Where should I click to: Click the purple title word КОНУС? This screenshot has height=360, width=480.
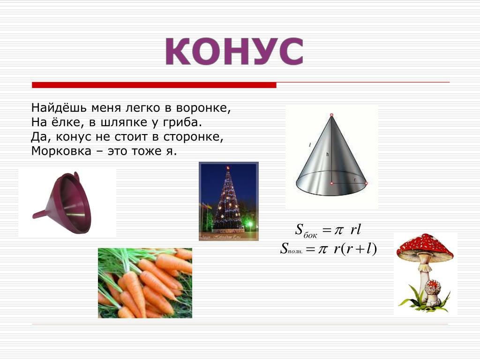coord(234,51)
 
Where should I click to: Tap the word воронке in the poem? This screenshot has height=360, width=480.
coord(203,108)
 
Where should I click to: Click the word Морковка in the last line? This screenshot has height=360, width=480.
coord(61,151)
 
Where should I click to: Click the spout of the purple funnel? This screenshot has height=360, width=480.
coord(40,214)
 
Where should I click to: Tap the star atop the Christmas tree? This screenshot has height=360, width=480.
coord(228,168)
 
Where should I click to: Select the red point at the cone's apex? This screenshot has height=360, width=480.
coord(331,115)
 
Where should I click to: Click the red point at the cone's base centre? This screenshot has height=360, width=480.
coord(331,183)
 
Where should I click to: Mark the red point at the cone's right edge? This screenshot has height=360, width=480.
coord(366,183)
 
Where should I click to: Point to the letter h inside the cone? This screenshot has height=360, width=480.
coord(328,154)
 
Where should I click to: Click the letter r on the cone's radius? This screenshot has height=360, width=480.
coord(355,180)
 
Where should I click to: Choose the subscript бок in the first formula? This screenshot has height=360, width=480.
coord(310,235)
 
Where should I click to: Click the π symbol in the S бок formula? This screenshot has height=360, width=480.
coord(338,230)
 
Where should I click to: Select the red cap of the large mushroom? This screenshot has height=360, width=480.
coord(425,246)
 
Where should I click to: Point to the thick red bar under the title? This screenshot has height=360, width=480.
coord(154,85)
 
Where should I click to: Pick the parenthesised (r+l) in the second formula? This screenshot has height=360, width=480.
coord(359,248)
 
